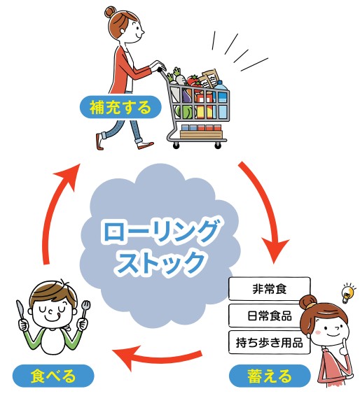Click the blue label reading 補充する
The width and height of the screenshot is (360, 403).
120,107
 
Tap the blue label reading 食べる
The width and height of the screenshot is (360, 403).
53,376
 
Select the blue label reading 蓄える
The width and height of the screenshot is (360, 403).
270,376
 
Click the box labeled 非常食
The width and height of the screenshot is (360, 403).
270,289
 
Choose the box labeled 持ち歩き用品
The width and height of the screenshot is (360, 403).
269,342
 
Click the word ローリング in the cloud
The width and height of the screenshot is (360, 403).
160,231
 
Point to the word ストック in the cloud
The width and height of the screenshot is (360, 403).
160,262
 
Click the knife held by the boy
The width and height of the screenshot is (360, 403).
20,311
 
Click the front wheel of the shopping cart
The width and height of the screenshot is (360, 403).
218,146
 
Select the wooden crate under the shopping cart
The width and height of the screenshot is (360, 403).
201,134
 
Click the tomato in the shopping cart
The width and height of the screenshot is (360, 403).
193,81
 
